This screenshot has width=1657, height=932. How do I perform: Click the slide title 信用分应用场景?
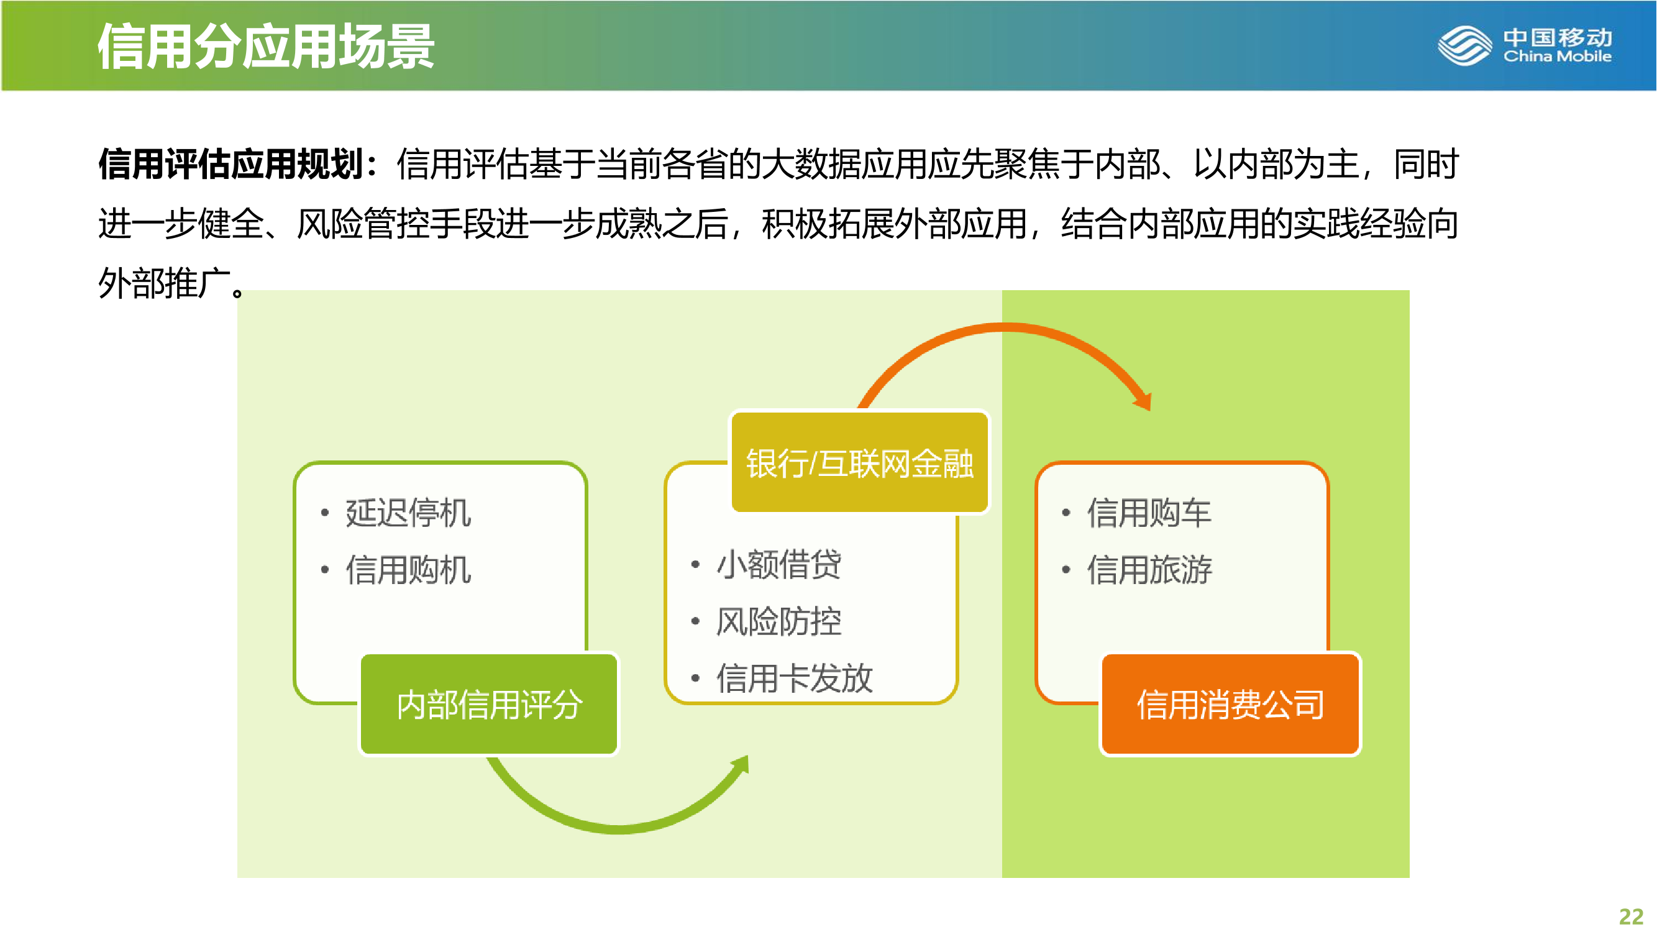(x=266, y=47)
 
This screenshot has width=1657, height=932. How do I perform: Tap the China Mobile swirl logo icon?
(x=1464, y=45)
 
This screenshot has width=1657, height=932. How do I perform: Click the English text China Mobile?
(x=1558, y=57)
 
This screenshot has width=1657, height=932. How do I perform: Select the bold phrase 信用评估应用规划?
(x=231, y=163)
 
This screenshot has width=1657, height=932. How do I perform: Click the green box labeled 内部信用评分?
(x=489, y=704)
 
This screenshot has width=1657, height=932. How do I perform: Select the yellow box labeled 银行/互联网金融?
(x=859, y=462)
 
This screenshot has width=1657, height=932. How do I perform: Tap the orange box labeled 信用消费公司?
(x=1230, y=704)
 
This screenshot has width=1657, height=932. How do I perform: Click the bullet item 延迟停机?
(x=408, y=513)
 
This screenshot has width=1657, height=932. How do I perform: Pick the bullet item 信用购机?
(x=408, y=569)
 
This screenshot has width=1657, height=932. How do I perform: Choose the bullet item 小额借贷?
(x=778, y=564)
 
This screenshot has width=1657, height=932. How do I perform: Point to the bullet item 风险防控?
(x=778, y=621)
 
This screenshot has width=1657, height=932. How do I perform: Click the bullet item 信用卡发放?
(x=795, y=677)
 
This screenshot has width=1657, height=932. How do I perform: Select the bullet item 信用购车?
(x=1149, y=513)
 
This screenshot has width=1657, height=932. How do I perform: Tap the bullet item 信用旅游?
(x=1149, y=569)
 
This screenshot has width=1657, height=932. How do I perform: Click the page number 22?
(x=1631, y=916)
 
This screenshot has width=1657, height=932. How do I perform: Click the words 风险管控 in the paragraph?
(x=363, y=223)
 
